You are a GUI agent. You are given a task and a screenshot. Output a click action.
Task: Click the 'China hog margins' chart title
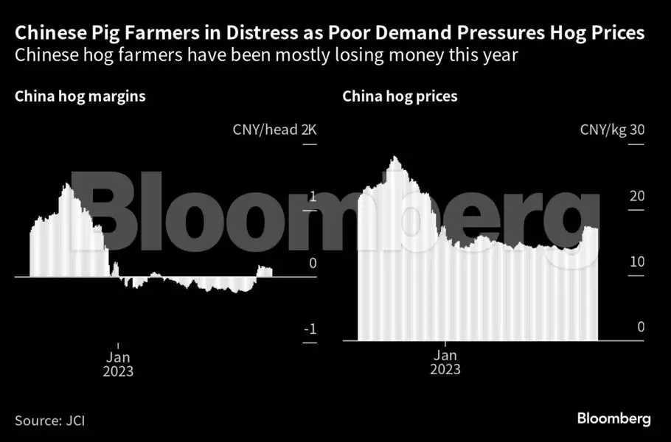pyautogui.click(x=80, y=97)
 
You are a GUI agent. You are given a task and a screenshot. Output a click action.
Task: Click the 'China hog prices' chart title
pyautogui.click(x=400, y=97)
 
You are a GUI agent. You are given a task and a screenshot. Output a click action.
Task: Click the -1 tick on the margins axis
pyautogui.click(x=310, y=329)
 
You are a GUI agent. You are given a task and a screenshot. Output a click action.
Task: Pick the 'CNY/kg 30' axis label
pyautogui.click(x=612, y=130)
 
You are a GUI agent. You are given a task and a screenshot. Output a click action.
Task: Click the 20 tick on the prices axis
pyautogui.click(x=637, y=196)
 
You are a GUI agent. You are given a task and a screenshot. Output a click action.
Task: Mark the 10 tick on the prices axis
pyautogui.click(x=637, y=262)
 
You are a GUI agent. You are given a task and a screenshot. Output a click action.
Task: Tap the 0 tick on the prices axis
pyautogui.click(x=641, y=326)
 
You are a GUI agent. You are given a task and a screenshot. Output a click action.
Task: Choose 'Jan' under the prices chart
pyautogui.click(x=445, y=354)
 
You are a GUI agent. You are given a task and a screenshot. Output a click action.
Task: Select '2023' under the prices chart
pyautogui.click(x=445, y=369)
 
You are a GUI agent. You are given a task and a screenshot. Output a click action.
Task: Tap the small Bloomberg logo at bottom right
pyautogui.click(x=613, y=418)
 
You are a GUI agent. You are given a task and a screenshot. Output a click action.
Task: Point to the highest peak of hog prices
pyautogui.click(x=396, y=157)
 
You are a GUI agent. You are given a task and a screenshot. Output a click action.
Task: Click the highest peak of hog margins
pyautogui.click(x=66, y=184)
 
